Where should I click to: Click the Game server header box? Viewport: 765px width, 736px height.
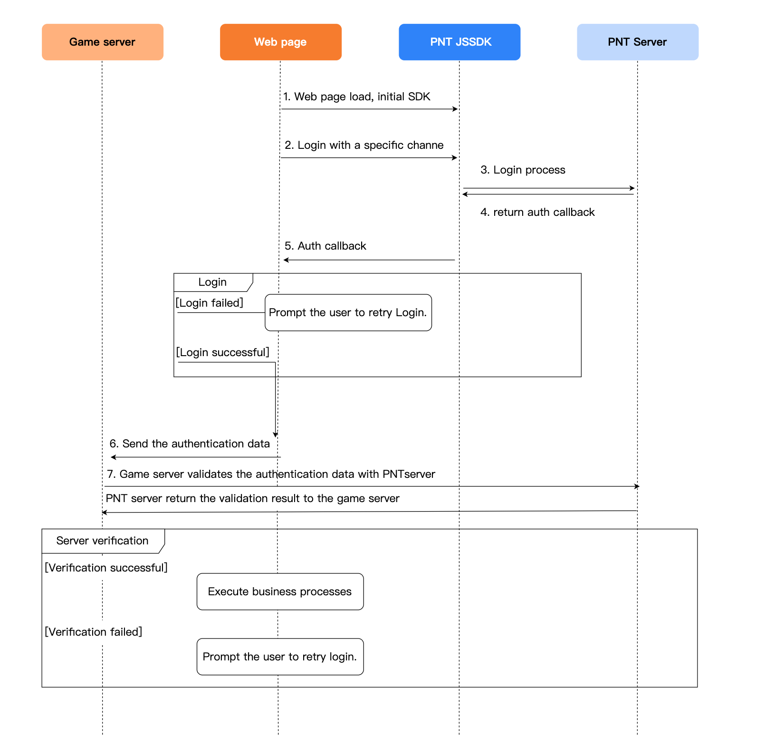pos(102,42)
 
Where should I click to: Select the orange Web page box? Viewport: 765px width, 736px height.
pos(280,42)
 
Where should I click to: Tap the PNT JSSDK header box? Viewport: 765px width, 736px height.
pos(459,42)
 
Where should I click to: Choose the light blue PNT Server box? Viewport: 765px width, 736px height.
pos(637,42)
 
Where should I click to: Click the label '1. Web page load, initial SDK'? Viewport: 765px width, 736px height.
pos(356,97)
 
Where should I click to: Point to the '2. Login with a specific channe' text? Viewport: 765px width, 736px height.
pos(364,145)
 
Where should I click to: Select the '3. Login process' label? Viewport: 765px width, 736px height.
pos(523,170)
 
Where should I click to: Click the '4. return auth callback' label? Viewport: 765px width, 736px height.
pos(537,212)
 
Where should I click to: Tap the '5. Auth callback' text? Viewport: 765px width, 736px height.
pos(325,246)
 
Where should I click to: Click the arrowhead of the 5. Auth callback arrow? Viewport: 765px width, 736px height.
pos(286,260)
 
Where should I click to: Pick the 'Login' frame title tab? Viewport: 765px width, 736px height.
pos(212,282)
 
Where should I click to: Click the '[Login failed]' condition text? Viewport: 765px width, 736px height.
pos(210,303)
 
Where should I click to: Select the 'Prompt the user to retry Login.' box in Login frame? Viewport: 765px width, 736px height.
pos(348,312)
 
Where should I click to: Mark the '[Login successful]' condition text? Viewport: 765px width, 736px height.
pos(222,352)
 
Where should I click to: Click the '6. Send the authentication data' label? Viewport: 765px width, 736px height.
pos(190,444)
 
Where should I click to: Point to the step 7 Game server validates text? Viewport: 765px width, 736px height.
pos(271,474)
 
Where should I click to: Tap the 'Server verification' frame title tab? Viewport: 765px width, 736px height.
pos(102,541)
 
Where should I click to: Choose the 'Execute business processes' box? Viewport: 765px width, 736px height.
pos(280,591)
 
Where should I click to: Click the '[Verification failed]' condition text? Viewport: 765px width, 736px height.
pos(94,632)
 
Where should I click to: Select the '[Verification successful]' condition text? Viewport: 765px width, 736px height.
pos(106,568)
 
